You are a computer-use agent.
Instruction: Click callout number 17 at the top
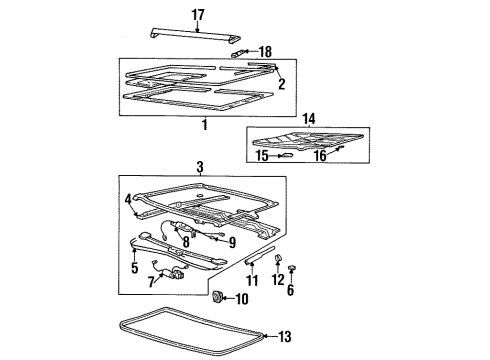[197, 14]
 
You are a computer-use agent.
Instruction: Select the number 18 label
[265, 51]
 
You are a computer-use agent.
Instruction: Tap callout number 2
[282, 84]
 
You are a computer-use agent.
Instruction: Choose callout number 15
[260, 156]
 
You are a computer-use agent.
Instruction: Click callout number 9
[231, 241]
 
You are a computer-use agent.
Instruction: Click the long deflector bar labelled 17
[197, 33]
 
